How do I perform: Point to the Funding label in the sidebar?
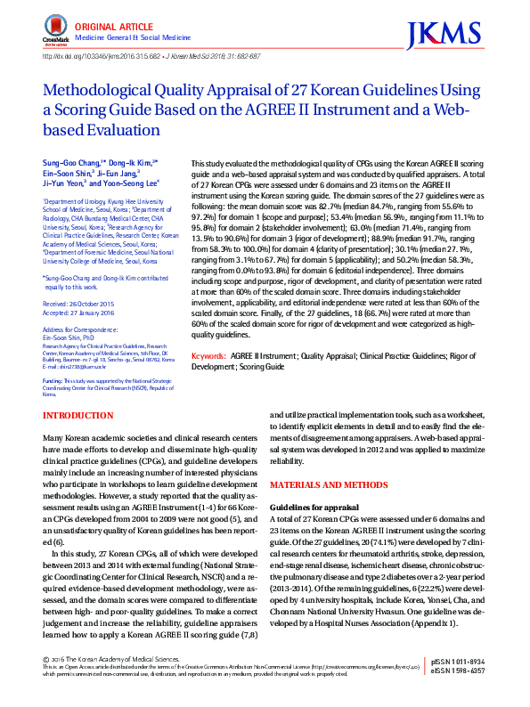[54, 380]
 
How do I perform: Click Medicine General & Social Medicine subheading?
[132, 38]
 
